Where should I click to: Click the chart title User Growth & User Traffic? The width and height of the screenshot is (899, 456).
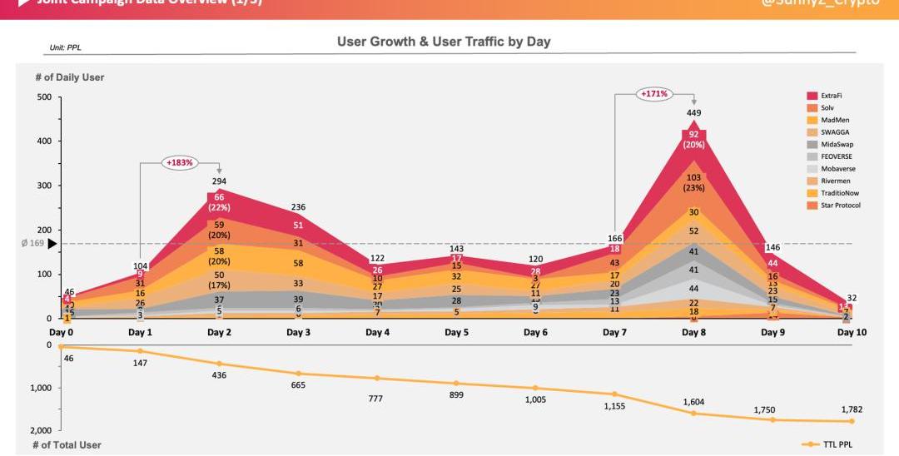[443, 42]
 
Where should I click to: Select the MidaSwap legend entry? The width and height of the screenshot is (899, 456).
[837, 145]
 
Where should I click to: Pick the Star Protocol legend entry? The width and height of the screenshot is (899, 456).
[840, 206]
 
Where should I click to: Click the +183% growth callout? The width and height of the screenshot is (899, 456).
[179, 162]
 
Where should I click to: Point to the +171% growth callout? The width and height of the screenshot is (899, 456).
[654, 94]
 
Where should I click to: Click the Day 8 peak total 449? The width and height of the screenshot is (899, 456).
[693, 113]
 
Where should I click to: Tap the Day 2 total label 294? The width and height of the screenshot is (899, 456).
[219, 181]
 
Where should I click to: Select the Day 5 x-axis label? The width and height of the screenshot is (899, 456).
[456, 333]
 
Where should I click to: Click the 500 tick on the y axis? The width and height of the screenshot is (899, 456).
[43, 97]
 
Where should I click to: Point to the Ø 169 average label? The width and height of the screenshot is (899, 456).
[32, 244]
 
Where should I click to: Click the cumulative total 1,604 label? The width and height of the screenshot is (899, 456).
[693, 402]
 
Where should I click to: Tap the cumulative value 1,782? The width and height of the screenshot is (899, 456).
[851, 409]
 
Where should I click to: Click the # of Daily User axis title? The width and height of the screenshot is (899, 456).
[69, 77]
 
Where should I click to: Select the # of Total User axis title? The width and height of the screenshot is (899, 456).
[67, 445]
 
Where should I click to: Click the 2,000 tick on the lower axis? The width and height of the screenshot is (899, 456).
[39, 430]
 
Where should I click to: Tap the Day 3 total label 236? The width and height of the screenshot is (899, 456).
[298, 207]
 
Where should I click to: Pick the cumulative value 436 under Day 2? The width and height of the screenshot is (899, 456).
[219, 375]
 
